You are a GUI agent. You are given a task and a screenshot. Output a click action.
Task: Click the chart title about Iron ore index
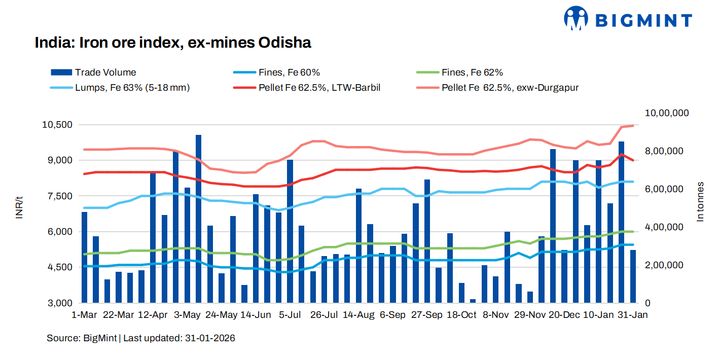(172, 43)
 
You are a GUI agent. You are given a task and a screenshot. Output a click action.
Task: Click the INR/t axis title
(20, 207)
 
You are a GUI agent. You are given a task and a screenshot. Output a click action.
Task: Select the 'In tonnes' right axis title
(701, 201)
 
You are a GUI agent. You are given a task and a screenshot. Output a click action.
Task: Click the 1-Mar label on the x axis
(84, 315)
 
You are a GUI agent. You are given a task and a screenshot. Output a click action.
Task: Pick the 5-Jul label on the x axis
(290, 315)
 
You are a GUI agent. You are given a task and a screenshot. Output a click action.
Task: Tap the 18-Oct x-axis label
(461, 315)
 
